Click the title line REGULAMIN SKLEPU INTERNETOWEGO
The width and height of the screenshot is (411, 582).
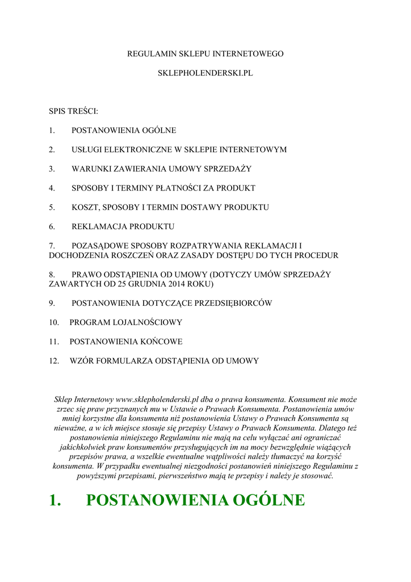205,54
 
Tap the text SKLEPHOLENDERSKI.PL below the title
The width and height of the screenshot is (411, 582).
205,74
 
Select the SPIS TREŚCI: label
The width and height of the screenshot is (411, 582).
73,111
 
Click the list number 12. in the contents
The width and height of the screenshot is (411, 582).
54,361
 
